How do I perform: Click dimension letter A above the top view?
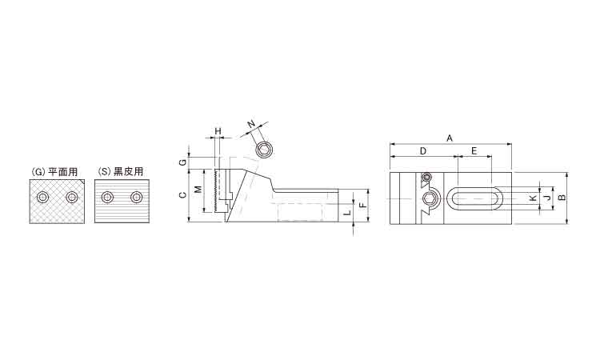(450, 138)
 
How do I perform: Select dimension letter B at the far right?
(562, 198)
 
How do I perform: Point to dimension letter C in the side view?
(183, 195)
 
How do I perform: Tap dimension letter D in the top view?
(423, 150)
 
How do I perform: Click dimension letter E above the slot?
(474, 150)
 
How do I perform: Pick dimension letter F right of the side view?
(363, 205)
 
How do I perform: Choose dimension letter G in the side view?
(183, 162)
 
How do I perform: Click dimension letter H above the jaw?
(218, 131)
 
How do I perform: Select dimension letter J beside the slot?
(547, 198)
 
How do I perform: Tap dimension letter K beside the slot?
(533, 198)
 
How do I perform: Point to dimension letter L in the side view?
(347, 212)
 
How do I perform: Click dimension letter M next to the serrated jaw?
(198, 189)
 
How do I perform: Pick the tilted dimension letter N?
(251, 123)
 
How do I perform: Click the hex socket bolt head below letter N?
(264, 150)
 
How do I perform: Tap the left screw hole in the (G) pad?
(42, 198)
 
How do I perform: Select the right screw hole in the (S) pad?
(136, 198)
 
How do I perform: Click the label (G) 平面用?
(54, 172)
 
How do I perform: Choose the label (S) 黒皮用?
(121, 172)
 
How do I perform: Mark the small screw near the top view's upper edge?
(427, 177)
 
